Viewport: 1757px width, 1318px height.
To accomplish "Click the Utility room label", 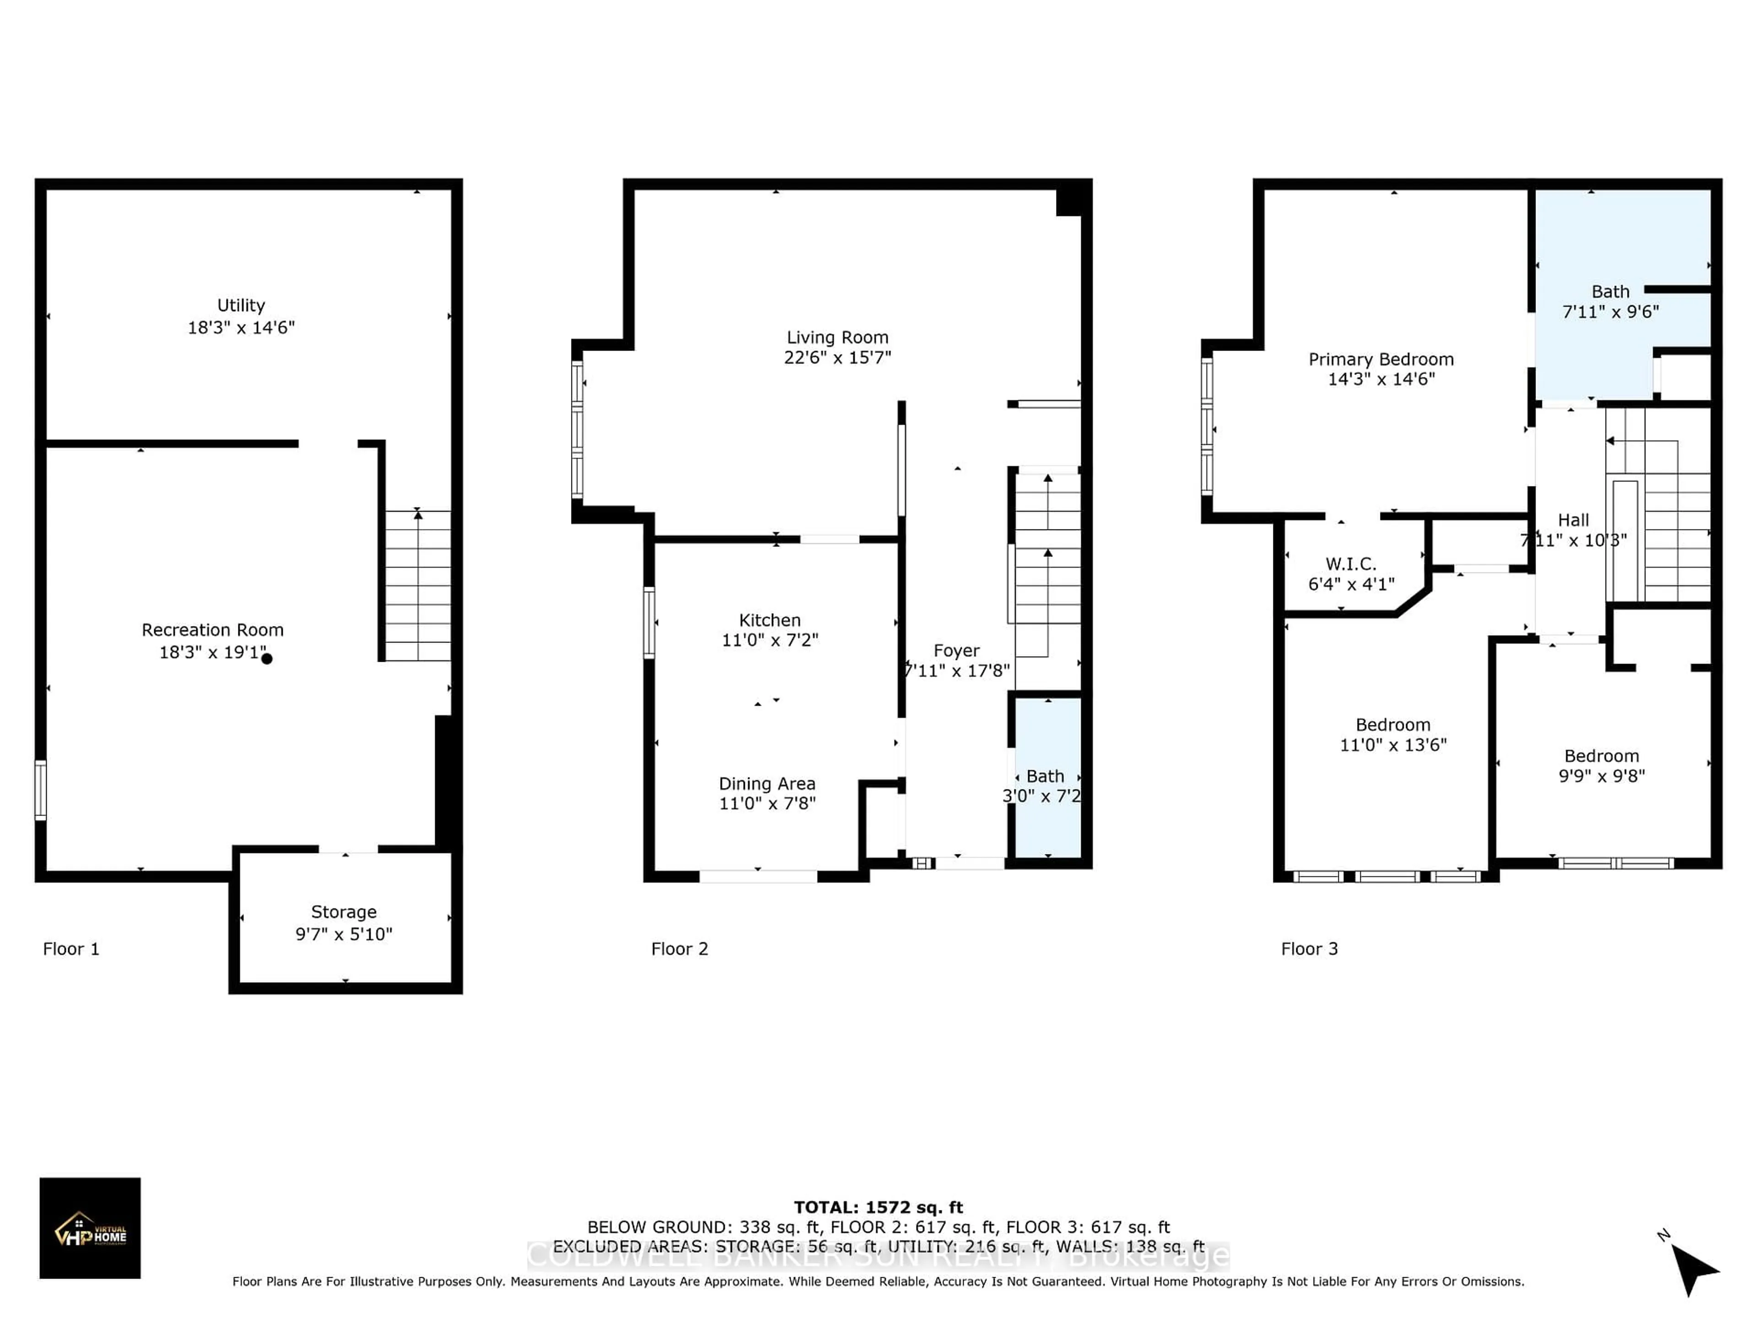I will point(241,306).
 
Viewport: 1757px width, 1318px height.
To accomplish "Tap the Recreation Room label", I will point(212,630).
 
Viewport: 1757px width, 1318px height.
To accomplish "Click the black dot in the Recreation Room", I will point(267,659).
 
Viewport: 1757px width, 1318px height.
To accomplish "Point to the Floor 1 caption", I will point(71,949).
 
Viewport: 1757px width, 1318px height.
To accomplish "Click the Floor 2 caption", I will point(679,949).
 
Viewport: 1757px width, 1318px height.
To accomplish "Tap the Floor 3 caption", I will point(1309,949).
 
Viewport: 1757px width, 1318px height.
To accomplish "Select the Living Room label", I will point(837,338).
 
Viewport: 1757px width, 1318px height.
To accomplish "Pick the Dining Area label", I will point(766,783).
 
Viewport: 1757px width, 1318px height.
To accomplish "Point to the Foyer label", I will point(956,651).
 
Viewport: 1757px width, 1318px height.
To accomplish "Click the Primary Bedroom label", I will point(1380,359).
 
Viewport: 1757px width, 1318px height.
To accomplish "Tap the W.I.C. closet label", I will point(1350,564).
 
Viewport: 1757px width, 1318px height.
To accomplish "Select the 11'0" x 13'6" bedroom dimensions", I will point(1392,745).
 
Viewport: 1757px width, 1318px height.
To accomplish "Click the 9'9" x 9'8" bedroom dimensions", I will point(1601,776).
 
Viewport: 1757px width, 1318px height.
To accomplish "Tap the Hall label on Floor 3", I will point(1573,520).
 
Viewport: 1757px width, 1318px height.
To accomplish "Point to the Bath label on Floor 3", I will point(1610,292).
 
